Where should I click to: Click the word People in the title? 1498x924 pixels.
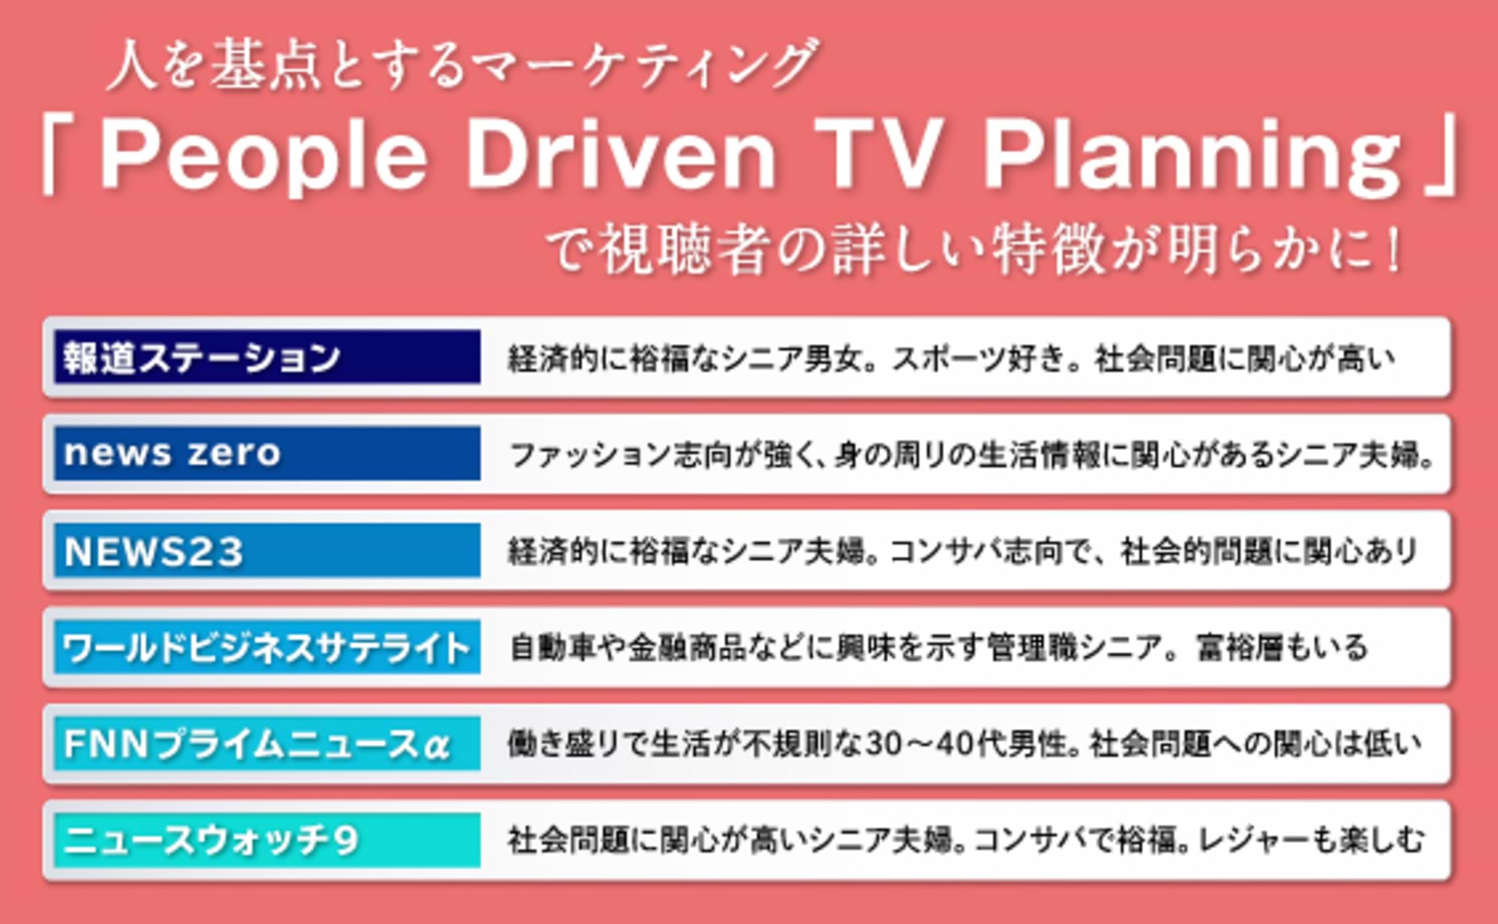[262, 157]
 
